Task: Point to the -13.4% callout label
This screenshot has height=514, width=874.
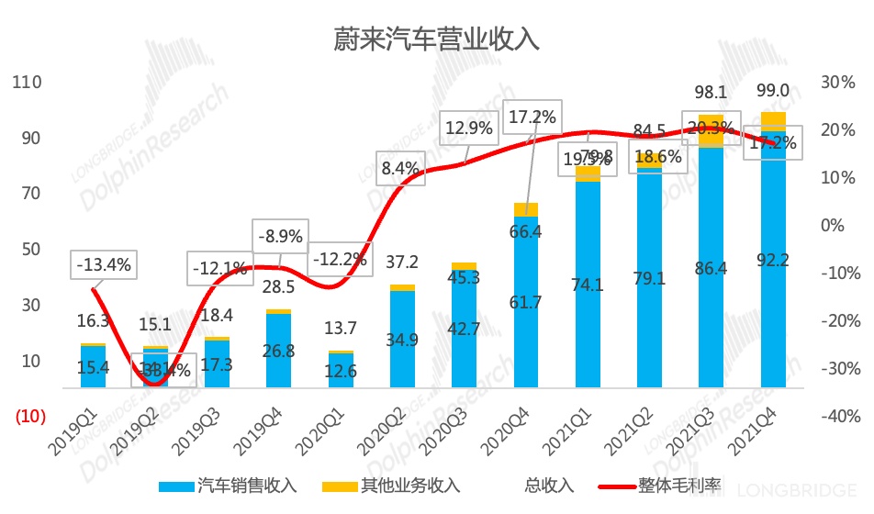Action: pos(104,266)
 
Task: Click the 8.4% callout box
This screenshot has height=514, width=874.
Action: pos(400,168)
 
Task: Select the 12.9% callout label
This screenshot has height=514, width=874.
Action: pos(469,128)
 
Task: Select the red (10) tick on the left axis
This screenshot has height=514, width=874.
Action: pos(29,416)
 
